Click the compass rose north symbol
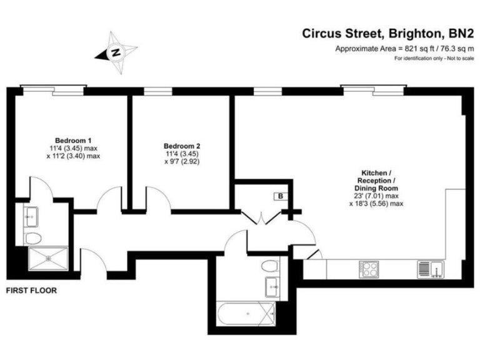point(116,51)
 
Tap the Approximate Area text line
point(404,49)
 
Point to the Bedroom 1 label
point(73,139)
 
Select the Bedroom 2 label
point(182,145)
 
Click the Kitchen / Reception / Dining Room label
point(377,180)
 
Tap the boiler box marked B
point(281,196)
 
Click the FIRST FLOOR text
point(31,291)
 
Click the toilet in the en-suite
point(33,237)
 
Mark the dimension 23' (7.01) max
point(377,196)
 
